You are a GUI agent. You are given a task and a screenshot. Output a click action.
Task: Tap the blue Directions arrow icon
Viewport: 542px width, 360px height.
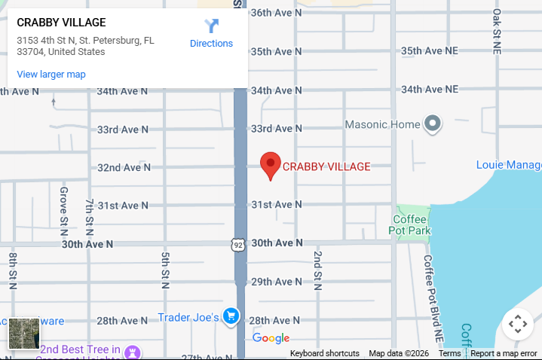(211, 26)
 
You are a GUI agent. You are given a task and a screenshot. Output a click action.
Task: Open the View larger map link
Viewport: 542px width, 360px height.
(51, 75)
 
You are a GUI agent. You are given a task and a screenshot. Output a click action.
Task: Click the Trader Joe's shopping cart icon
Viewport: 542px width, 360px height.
(231, 317)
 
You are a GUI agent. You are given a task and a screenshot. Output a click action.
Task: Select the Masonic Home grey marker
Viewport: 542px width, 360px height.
(432, 124)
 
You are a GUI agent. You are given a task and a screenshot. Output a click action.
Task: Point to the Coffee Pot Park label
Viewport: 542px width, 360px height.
(411, 224)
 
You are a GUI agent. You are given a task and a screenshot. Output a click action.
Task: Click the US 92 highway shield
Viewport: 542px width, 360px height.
(237, 244)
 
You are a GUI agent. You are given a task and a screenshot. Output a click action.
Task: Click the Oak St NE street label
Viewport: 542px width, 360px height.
(497, 32)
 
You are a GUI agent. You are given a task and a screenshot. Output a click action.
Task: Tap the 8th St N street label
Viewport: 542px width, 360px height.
(13, 270)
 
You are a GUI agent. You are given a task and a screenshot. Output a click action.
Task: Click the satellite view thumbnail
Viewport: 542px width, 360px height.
(23, 333)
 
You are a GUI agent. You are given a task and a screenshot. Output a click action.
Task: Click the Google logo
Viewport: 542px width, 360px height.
(271, 338)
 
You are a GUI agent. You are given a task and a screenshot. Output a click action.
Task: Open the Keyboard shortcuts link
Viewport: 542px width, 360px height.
(324, 353)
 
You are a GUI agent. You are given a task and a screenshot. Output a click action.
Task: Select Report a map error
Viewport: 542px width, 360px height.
(504, 353)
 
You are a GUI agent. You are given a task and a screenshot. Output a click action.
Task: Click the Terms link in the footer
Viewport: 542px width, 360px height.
(449, 353)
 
